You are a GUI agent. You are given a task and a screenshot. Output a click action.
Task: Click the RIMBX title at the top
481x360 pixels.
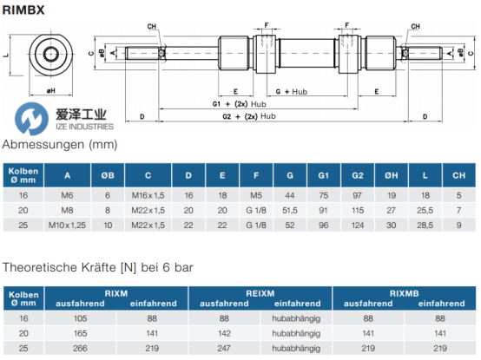coord(23,10)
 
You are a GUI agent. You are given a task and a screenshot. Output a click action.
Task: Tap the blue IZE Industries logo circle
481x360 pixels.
coord(31,119)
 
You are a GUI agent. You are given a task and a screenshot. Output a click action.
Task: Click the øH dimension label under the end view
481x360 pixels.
coord(51,91)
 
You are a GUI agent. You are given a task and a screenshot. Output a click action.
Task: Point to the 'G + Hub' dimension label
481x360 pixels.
coord(292,92)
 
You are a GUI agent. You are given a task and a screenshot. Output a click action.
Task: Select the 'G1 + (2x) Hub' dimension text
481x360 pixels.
coord(240,104)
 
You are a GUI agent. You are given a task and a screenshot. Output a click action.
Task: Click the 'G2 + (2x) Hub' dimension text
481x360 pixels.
coord(249,116)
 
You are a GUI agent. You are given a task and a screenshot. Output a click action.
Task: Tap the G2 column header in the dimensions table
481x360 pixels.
coord(358,175)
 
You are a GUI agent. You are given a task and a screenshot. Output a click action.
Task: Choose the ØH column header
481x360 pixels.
coord(391,175)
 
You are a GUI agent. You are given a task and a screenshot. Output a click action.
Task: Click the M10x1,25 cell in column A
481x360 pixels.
coord(67,226)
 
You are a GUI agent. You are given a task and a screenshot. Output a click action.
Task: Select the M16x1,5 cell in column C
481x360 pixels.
coord(148,195)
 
